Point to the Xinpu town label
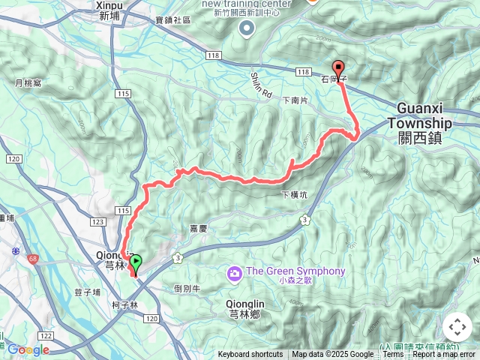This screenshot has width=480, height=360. (109, 10)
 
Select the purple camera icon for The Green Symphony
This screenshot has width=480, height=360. (235, 273)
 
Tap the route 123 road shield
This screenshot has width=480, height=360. (98, 222)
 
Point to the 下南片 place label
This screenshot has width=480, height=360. (295, 100)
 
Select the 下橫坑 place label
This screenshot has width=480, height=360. (294, 195)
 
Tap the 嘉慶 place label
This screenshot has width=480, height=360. (198, 231)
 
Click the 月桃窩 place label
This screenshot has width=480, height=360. (27, 84)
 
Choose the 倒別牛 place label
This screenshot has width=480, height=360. (186, 288)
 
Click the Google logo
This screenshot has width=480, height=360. (28, 349)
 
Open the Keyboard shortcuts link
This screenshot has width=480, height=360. (250, 355)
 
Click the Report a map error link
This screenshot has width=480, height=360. (444, 355)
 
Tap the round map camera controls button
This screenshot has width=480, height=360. (457, 327)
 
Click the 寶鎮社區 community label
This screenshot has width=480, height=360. (173, 21)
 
